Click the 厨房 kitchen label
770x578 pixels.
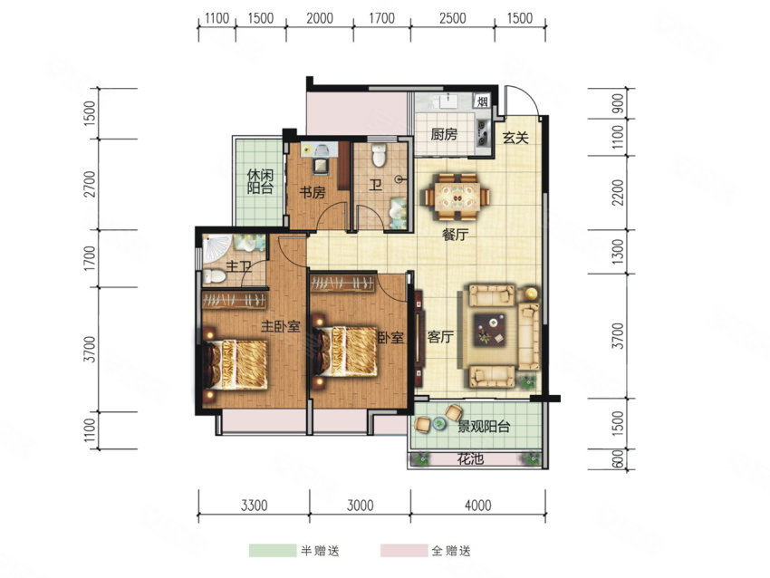(444, 134)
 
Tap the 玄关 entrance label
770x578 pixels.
(515, 138)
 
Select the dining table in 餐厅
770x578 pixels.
(457, 197)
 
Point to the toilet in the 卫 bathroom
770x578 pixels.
(379, 155)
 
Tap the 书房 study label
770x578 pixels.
(313, 192)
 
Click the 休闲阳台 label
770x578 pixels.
(260, 182)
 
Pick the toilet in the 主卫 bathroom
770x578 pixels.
(215, 276)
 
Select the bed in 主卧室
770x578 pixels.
(236, 363)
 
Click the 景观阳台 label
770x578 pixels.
(484, 427)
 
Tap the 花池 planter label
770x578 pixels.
(470, 459)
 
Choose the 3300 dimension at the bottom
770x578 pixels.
(255, 505)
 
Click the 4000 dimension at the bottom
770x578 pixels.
(477, 505)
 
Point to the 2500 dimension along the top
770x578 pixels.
(452, 18)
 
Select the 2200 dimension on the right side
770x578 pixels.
(618, 193)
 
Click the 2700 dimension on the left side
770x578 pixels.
(90, 184)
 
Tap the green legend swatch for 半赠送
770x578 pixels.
(273, 551)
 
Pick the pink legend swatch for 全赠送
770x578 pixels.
(404, 551)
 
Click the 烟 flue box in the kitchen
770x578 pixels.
(482, 101)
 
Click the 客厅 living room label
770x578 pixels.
(440, 337)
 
